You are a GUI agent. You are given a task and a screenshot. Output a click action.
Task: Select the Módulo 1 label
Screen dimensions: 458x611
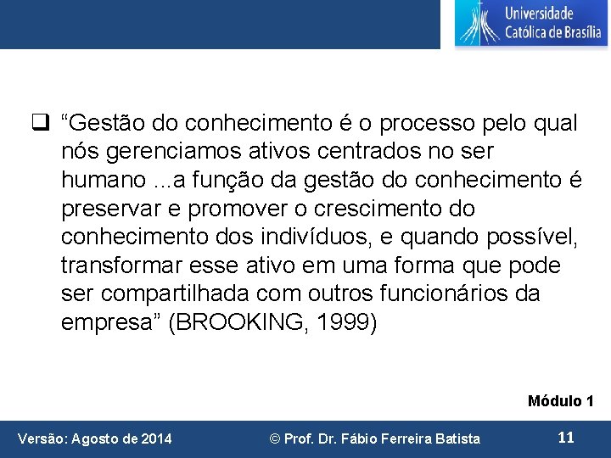point(560,400)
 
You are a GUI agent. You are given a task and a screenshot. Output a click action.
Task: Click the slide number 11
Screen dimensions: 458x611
point(565,438)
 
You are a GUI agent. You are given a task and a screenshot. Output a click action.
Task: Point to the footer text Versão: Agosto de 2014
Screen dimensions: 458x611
point(95,438)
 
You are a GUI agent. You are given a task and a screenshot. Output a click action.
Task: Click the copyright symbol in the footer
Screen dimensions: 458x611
point(274,438)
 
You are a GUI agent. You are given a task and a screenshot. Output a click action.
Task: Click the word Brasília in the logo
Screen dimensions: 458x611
point(578,33)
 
